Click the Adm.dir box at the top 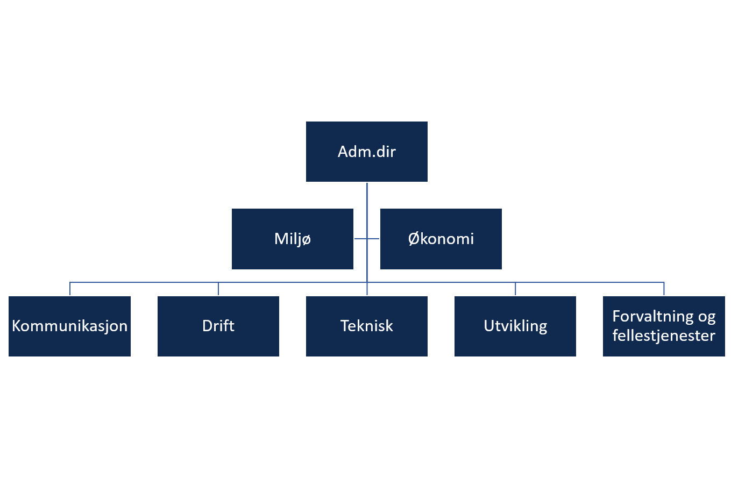click(x=366, y=152)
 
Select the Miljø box click(x=293, y=239)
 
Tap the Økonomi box click(x=441, y=239)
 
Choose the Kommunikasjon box click(x=69, y=326)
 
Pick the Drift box click(x=218, y=326)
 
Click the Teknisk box click(x=366, y=326)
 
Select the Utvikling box click(x=515, y=326)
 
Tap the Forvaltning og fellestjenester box click(x=664, y=326)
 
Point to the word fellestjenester click(x=664, y=336)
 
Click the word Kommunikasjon click(x=69, y=326)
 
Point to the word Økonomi click(x=441, y=239)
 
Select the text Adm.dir click(x=366, y=152)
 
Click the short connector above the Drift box click(x=218, y=289)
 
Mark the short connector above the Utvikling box click(x=515, y=289)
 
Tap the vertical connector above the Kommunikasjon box click(x=70, y=289)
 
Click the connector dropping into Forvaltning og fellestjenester click(x=664, y=289)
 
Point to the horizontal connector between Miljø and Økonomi click(x=367, y=239)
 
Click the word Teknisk click(x=366, y=326)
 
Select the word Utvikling click(x=515, y=326)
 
